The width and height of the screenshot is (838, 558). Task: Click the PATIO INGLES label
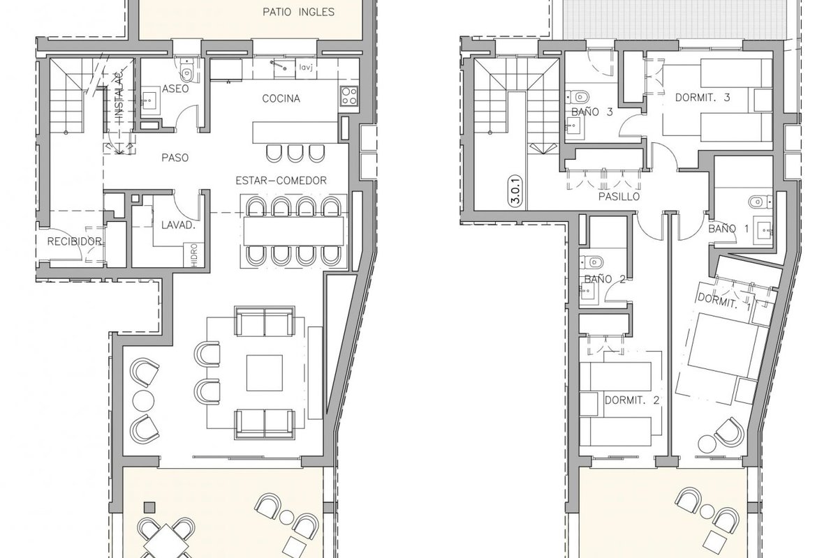pos(298,12)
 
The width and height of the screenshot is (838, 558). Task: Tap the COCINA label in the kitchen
pos(281,98)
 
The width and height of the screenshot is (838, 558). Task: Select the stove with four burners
pos(349,96)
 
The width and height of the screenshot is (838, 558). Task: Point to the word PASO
pos(175,158)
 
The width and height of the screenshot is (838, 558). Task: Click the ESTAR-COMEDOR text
pos(281,181)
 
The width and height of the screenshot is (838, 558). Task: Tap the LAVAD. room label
pos(179,225)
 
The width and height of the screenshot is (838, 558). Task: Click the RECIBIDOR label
pos(75,241)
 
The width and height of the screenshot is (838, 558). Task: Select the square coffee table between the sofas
pos(264,373)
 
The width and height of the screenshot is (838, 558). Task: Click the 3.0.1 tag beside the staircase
pos(516,192)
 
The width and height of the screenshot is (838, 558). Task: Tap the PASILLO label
pos(619,197)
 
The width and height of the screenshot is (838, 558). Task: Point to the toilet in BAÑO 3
pos(578,98)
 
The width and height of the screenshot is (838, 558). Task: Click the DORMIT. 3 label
pos(703,98)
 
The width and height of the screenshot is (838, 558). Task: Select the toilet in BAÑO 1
pos(760,202)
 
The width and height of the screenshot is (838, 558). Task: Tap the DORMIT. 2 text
pos(632,400)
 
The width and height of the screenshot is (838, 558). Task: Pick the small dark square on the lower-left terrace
pos(149,507)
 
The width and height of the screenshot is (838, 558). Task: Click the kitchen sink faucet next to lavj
pos(279,66)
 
